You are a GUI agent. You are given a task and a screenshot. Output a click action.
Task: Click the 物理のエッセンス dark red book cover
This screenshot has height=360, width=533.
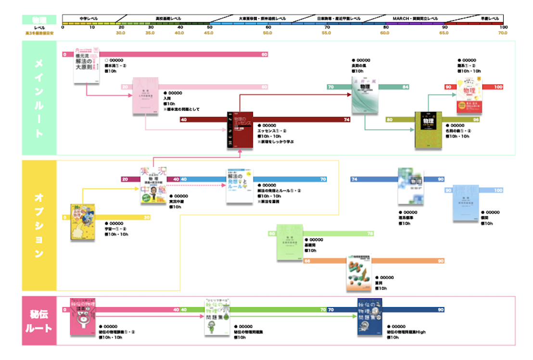click(x=240, y=129)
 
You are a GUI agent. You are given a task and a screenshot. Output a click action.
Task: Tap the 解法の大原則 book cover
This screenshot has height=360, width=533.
click(x=87, y=65)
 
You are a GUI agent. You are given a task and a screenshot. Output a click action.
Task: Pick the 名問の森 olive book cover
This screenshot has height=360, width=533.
click(x=428, y=129)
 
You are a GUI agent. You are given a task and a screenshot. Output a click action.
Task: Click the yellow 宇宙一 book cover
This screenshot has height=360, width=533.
click(x=82, y=222)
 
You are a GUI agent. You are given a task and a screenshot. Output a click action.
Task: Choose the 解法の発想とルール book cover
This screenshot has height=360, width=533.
click(x=240, y=186)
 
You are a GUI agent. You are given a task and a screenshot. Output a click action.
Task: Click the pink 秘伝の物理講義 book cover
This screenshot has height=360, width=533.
click(x=82, y=317)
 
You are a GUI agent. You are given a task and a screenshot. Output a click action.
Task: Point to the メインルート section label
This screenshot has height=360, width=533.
click(x=39, y=98)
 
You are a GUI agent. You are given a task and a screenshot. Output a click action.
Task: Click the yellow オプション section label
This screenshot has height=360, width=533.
click(x=39, y=225)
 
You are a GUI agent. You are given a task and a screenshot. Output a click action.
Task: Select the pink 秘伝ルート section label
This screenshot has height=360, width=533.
click(x=39, y=321)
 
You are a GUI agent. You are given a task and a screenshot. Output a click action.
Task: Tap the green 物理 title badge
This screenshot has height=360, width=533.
click(x=39, y=20)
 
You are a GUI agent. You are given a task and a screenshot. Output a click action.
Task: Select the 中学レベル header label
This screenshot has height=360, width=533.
click(x=89, y=18)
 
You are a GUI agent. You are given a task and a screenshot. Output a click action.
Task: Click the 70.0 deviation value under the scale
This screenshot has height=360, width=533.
click(x=503, y=33)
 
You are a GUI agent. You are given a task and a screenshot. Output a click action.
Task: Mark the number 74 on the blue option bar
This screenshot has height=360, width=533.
click(x=355, y=180)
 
